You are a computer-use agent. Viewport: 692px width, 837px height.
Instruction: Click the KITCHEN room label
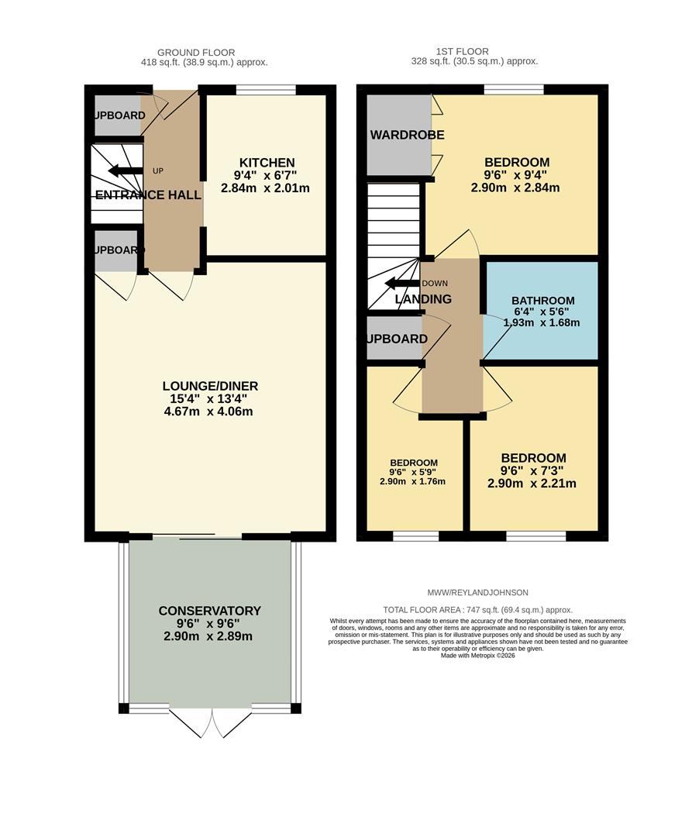267,163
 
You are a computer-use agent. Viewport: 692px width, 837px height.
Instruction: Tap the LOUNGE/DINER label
210,386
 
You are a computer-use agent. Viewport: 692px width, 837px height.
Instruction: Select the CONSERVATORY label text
209,611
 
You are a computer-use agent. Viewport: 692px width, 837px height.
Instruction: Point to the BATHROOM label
542,301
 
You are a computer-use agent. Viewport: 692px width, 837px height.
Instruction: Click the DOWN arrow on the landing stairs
401,283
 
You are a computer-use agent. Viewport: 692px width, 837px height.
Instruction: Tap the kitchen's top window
266,90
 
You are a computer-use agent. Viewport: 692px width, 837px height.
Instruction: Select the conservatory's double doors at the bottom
210,722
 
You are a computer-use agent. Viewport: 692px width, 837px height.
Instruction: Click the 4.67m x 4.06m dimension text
210,412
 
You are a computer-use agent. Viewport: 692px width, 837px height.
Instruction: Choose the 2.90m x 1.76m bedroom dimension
412,481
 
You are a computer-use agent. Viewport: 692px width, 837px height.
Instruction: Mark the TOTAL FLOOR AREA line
477,610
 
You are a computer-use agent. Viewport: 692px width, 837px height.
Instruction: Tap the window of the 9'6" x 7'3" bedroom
535,536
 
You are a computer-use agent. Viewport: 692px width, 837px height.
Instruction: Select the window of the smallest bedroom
416,536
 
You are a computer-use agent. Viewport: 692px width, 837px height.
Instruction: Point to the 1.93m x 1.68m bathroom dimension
542,322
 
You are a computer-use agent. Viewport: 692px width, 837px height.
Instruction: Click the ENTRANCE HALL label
148,195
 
